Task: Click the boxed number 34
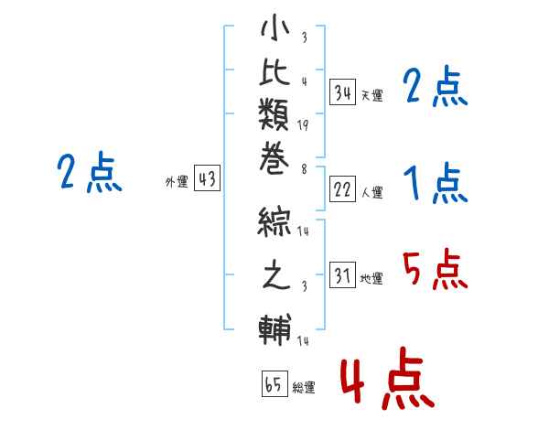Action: (343, 91)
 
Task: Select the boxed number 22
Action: (343, 189)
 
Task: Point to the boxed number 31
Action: (343, 275)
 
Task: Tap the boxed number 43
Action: (207, 180)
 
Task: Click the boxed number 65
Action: (272, 384)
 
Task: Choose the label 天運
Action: (371, 95)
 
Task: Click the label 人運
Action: (371, 193)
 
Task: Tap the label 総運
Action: (303, 387)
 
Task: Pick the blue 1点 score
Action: (435, 184)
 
